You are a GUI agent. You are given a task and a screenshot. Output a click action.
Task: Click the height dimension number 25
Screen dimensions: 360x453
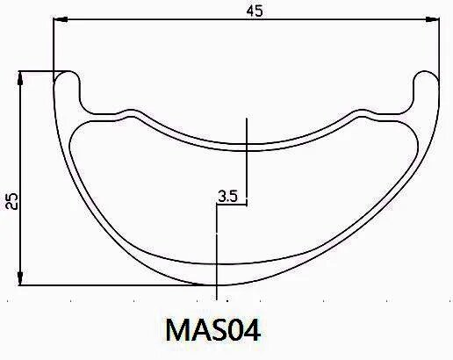point(11,201)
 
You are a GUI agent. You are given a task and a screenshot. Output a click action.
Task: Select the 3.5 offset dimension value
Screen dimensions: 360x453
point(228,197)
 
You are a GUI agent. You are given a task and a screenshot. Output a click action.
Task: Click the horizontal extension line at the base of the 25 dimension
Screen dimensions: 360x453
point(114,285)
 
